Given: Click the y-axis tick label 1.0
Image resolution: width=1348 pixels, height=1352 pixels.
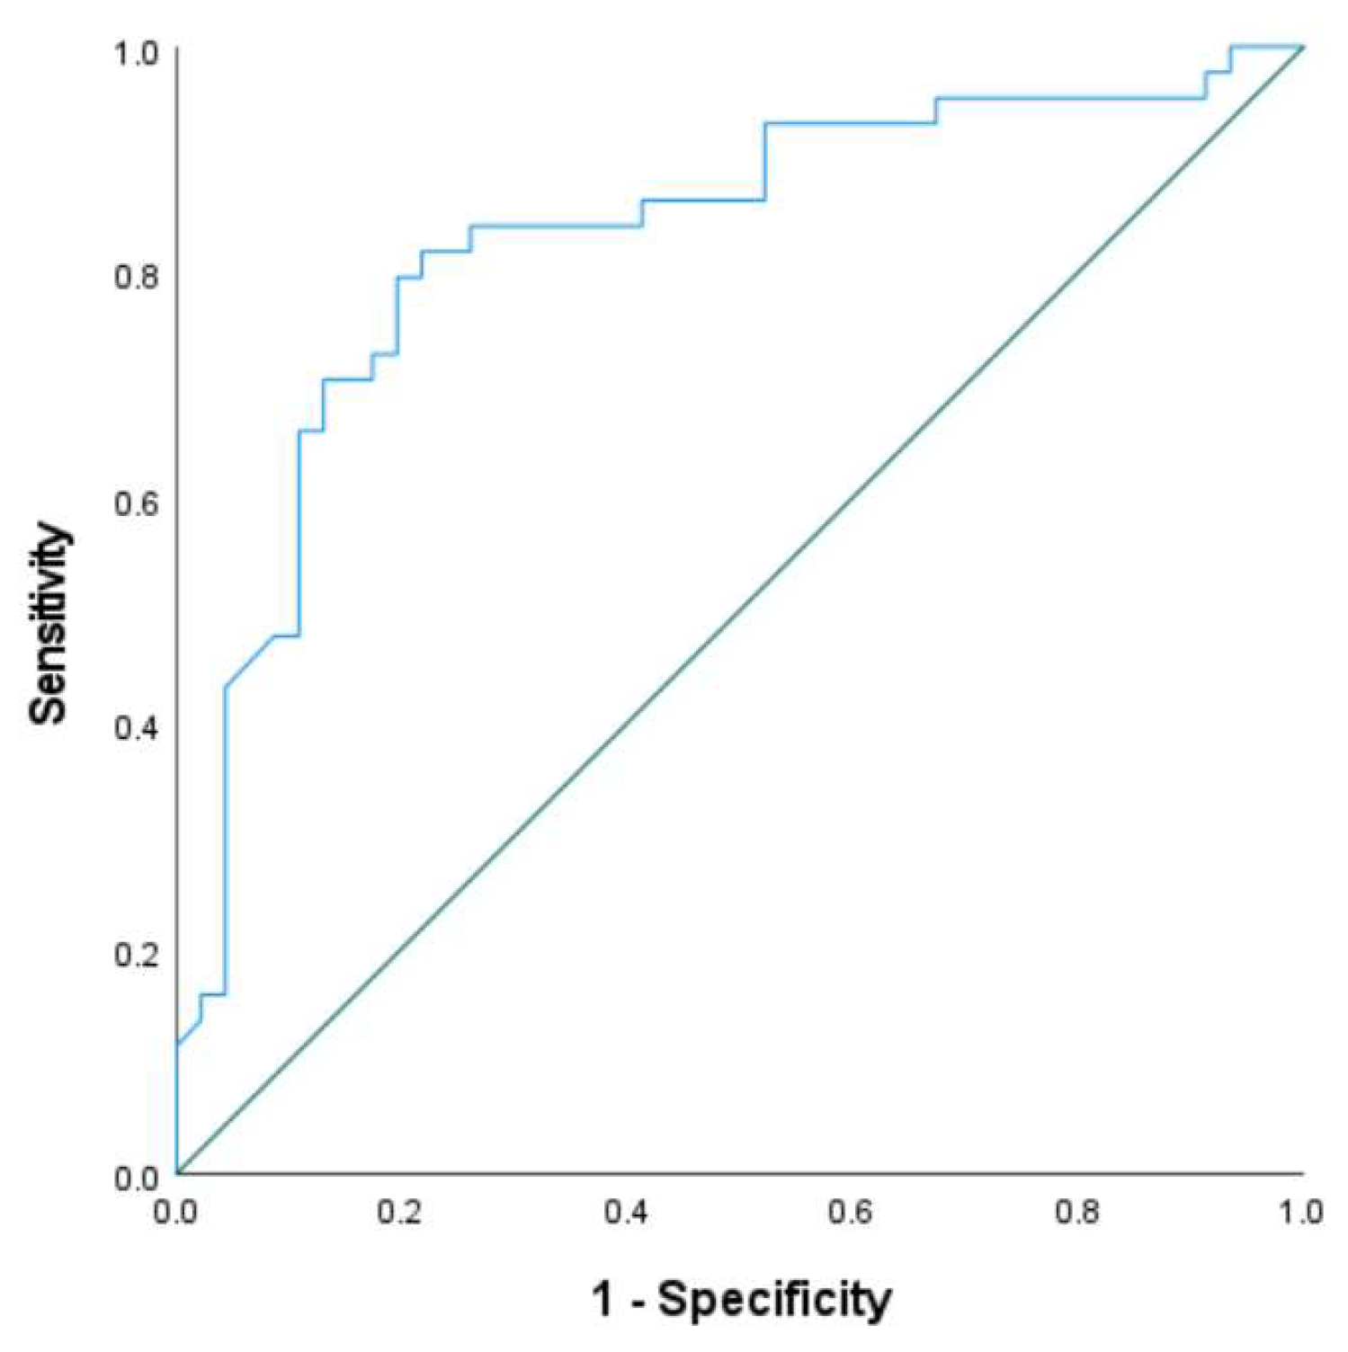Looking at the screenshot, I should (x=136, y=53).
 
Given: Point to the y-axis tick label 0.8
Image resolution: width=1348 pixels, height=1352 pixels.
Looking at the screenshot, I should (x=136, y=277).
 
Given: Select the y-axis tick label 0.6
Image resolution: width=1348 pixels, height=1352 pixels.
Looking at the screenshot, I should (x=136, y=503).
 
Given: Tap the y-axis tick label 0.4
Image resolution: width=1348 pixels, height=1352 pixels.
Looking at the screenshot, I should (x=136, y=727).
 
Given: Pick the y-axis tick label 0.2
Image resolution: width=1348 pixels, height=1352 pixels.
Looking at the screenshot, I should (x=136, y=954).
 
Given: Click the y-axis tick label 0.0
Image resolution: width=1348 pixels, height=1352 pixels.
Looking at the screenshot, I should (x=136, y=1178).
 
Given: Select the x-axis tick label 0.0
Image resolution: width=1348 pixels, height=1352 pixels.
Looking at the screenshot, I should (x=175, y=1213).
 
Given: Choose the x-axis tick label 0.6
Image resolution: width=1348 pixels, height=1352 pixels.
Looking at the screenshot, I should (x=851, y=1213).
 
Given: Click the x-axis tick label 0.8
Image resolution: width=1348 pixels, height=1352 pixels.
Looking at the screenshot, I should (x=1076, y=1213).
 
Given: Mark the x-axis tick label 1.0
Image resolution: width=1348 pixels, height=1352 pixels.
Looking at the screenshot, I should (x=1300, y=1213).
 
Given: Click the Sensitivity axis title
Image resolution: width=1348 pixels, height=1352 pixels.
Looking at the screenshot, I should (x=49, y=623).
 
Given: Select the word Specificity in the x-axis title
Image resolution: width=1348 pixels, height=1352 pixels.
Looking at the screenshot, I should (x=774, y=1300).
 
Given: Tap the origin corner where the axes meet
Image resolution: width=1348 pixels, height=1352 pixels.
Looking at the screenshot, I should (x=177, y=1173).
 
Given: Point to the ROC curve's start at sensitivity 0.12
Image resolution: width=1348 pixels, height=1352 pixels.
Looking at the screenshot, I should (x=177, y=1044).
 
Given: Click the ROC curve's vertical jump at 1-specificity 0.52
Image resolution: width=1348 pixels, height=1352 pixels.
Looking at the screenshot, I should (x=764, y=162).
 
